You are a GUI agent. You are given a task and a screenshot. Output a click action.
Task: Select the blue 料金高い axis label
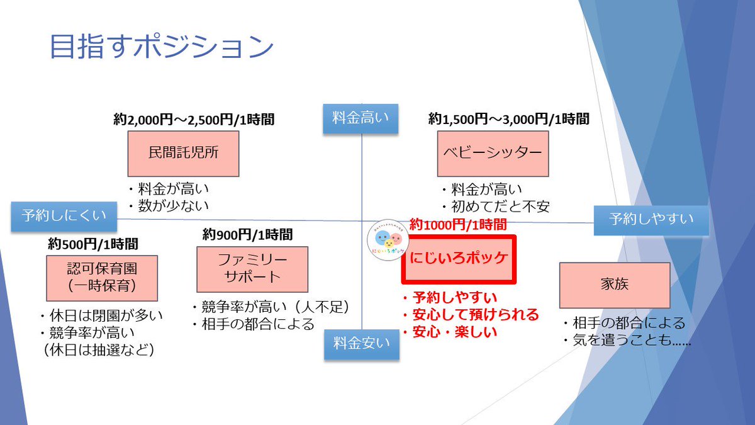[x=361, y=119]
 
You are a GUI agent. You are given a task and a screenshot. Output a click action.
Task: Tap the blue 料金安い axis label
[x=362, y=344]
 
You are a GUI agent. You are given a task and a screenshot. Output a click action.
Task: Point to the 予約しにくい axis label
[x=64, y=216]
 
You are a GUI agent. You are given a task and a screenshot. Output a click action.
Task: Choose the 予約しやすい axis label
[x=651, y=219]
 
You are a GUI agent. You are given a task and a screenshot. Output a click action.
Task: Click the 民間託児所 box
[x=183, y=153]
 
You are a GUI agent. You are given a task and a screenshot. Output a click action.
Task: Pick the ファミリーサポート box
[x=252, y=268]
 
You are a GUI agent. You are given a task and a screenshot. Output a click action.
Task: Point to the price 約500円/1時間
[x=93, y=243]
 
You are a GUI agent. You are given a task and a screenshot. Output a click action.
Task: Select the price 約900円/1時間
[x=247, y=234]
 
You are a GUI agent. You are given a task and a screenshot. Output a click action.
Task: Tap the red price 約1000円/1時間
[x=458, y=224]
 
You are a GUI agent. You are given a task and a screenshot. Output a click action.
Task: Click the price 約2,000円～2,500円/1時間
[x=193, y=119]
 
